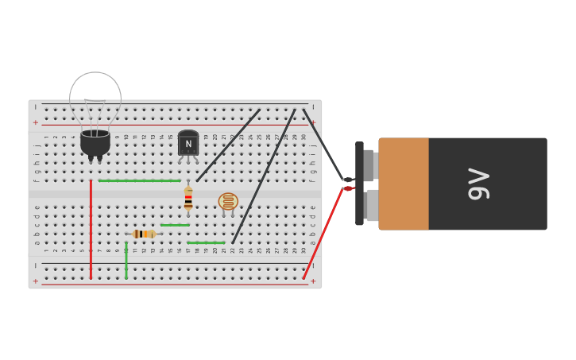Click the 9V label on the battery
click(x=479, y=184)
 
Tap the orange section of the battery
click(x=404, y=184)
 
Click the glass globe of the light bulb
click(x=95, y=98)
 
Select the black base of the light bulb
click(x=95, y=143)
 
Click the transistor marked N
click(x=188, y=143)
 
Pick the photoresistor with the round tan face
click(x=228, y=201)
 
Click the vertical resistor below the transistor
click(x=188, y=199)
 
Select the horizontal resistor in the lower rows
click(x=143, y=234)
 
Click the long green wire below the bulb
click(x=139, y=180)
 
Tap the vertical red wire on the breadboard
click(x=91, y=230)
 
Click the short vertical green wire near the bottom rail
click(x=126, y=261)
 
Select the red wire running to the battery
click(x=323, y=233)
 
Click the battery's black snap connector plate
click(x=359, y=184)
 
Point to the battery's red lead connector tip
click(x=347, y=188)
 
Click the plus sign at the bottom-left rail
click(x=35, y=281)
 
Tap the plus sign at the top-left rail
click(x=35, y=122)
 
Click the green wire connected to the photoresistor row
click(x=207, y=242)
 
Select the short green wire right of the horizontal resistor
click(x=175, y=225)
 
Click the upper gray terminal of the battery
click(x=369, y=165)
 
